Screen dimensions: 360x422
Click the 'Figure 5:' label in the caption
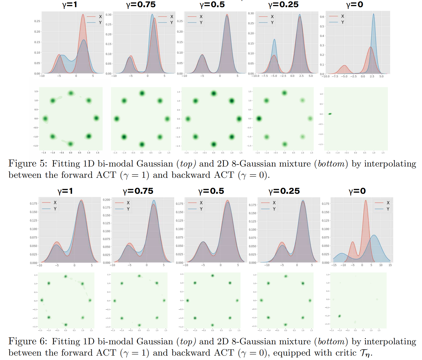click(x=28, y=164)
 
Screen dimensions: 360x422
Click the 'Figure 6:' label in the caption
click(x=28, y=342)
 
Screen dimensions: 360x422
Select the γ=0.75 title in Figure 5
click(x=141, y=5)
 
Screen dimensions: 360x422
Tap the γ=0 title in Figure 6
click(x=357, y=191)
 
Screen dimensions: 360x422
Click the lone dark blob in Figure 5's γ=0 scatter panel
click(x=330, y=114)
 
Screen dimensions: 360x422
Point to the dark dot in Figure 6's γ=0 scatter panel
click(x=339, y=316)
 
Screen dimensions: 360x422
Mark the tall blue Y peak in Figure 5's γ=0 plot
click(x=374, y=15)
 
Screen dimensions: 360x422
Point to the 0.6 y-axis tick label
click(x=322, y=17)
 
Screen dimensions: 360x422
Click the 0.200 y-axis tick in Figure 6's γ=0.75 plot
click(x=106, y=200)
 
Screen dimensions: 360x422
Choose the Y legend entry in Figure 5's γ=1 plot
click(x=100, y=23)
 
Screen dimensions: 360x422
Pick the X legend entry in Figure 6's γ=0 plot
click(x=388, y=203)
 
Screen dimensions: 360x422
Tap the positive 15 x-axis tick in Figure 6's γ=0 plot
click(x=390, y=265)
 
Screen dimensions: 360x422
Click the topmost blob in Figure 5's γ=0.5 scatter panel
click(x=213, y=94)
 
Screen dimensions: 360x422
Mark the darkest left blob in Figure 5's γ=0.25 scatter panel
click(x=259, y=119)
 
